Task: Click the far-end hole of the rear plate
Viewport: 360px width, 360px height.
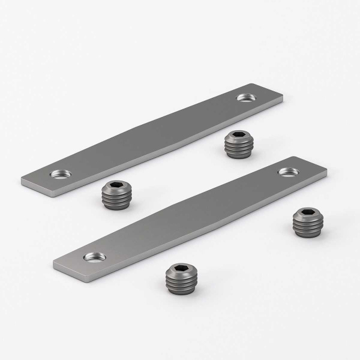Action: pyautogui.click(x=245, y=97)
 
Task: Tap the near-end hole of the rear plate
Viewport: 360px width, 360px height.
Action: pyautogui.click(x=60, y=174)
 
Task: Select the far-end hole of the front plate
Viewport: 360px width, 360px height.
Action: pyautogui.click(x=287, y=172)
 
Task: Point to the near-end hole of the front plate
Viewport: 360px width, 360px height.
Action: pyautogui.click(x=95, y=257)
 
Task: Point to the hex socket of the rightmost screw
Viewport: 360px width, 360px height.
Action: pyautogui.click(x=308, y=214)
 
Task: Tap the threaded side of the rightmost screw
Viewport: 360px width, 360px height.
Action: pyautogui.click(x=308, y=227)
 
